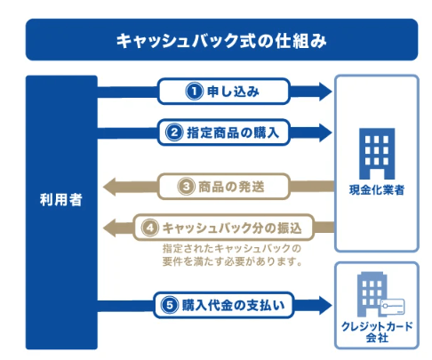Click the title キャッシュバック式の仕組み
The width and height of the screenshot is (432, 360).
click(x=221, y=41)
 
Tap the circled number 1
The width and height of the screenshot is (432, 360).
click(x=195, y=92)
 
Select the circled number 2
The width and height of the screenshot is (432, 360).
click(x=174, y=132)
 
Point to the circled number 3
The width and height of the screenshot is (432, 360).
click(x=186, y=187)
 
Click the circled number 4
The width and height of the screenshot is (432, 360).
click(x=150, y=228)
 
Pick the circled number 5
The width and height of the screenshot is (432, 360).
click(x=170, y=305)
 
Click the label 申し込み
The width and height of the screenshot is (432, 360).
click(x=233, y=92)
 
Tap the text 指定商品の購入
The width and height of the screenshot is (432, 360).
click(x=233, y=132)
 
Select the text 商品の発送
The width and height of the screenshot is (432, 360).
click(x=231, y=187)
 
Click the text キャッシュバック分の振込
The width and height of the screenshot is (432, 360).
click(x=232, y=228)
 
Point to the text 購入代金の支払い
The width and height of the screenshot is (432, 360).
click(x=234, y=305)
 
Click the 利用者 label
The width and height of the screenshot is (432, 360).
click(x=61, y=199)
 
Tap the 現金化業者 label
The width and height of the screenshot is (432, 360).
click(x=377, y=190)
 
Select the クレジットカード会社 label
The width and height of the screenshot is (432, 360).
click(x=377, y=332)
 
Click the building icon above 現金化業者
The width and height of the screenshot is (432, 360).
click(x=377, y=154)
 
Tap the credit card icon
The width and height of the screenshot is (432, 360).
click(x=392, y=307)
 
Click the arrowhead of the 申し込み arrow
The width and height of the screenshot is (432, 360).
click(x=325, y=92)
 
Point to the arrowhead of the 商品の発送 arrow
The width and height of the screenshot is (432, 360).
click(x=109, y=187)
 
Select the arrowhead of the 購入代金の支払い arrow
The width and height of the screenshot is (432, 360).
click(x=325, y=305)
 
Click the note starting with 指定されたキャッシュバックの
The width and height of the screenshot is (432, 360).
click(x=232, y=255)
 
